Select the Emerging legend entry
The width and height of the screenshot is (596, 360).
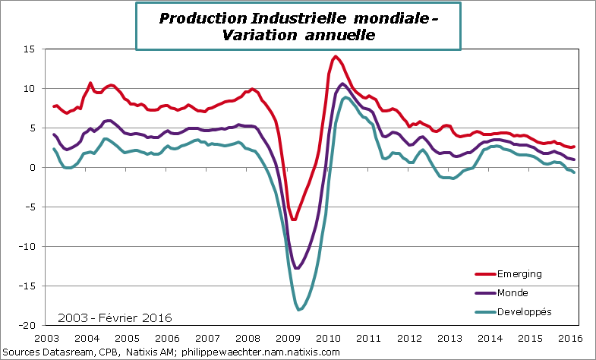(x=519, y=273)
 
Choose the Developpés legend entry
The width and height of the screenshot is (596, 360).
(x=523, y=311)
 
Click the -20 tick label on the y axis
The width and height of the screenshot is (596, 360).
(x=27, y=326)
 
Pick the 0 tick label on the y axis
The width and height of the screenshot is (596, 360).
(x=33, y=168)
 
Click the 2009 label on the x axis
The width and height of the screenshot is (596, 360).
(x=286, y=339)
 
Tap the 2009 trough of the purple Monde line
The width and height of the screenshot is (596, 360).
(x=297, y=268)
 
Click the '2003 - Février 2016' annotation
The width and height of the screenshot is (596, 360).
(x=115, y=317)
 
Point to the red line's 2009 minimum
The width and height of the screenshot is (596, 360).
(x=294, y=219)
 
